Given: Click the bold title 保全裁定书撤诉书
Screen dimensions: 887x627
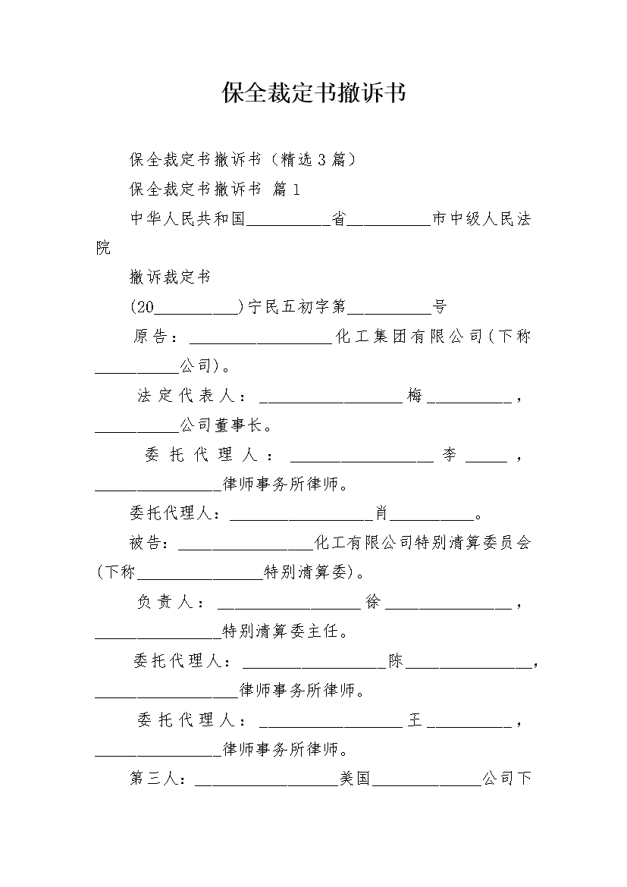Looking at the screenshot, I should click(313, 93).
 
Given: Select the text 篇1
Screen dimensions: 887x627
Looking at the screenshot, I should click(286, 189).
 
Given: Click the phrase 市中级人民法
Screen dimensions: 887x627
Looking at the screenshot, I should click(481, 219).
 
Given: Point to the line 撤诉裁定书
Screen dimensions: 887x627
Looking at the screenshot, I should click(170, 277).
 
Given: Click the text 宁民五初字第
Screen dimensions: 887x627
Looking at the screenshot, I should click(296, 307).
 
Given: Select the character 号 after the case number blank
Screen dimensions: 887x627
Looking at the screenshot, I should click(440, 307).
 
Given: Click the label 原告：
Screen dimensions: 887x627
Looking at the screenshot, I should click(157, 337).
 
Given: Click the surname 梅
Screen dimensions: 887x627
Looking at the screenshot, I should click(414, 396).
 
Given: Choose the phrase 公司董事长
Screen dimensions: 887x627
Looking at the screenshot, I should click(220, 425).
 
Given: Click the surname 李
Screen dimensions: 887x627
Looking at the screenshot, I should click(450, 455).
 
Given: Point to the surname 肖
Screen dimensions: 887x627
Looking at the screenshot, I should click(381, 514).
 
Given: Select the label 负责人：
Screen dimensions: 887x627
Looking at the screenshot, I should click(171, 603).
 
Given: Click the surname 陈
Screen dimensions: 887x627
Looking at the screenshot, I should click(396, 661).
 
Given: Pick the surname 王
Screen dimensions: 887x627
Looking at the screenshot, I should click(414, 720).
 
